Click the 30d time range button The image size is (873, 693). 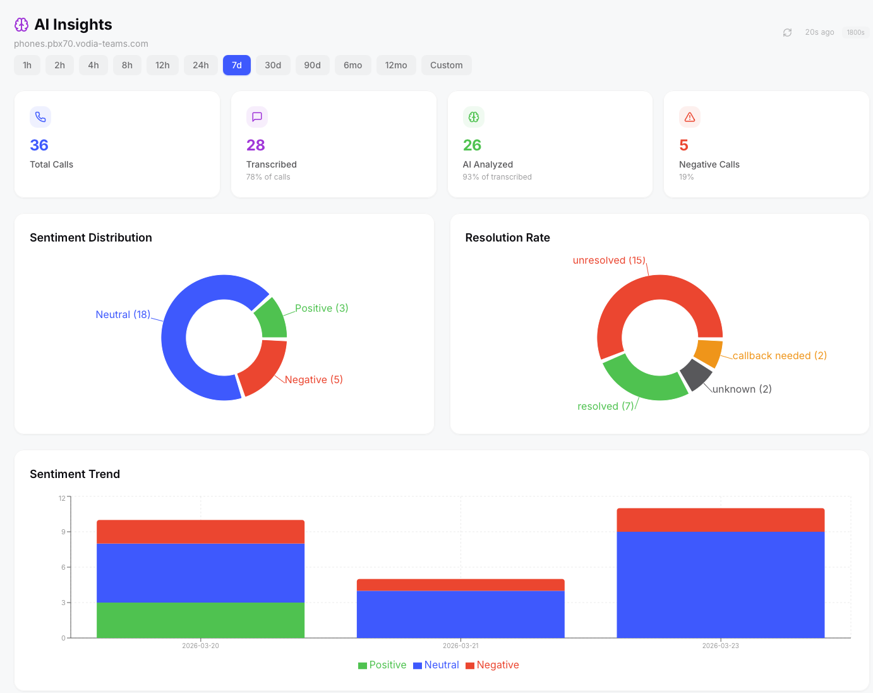273,65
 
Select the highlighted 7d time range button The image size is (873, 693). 237,65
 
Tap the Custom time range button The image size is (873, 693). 446,65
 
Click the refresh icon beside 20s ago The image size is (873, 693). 787,32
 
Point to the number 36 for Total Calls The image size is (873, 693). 39,145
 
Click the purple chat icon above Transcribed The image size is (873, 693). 257,117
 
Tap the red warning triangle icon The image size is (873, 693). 690,117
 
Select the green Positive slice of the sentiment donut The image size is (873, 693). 272,319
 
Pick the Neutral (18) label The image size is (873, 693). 123,315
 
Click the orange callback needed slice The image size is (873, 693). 708,353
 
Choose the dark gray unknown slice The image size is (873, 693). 695,374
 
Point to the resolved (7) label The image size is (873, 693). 605,407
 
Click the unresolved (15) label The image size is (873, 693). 609,261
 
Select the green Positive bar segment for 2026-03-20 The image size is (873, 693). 200,620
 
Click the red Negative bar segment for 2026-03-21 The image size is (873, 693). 461,585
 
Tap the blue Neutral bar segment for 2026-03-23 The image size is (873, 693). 720,584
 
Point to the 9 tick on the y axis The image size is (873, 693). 63,532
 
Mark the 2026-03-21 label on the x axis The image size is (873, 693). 461,646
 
